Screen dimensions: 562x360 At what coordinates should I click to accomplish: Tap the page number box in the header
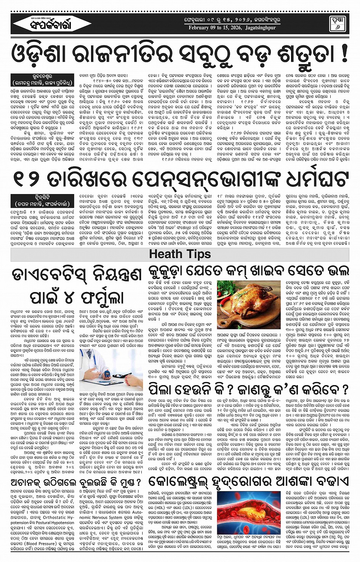tap(337, 23)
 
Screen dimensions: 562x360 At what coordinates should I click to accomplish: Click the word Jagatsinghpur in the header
tap(260, 28)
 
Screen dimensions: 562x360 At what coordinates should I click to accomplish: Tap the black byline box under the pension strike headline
tap(43, 201)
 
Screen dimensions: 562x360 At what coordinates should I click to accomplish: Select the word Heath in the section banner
tap(165, 254)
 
